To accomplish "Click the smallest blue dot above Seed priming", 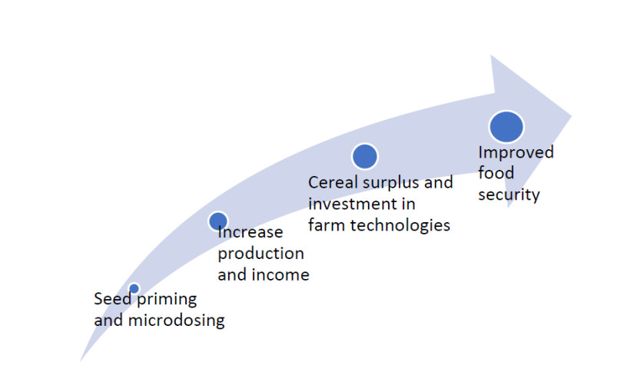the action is (x=134, y=288).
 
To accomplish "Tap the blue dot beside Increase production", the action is (x=218, y=221).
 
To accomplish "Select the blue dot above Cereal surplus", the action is (x=365, y=157).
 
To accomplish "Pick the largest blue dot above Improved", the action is (x=506, y=127).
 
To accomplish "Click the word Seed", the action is (x=112, y=299).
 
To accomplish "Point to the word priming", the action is (x=167, y=300).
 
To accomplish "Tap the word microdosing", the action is (x=176, y=321).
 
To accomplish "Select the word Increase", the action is (x=250, y=232).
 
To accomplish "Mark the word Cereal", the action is (x=333, y=182).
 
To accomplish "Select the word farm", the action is (x=327, y=225).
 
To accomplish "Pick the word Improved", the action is (x=516, y=153).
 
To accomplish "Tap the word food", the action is (x=496, y=173).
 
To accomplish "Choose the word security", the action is (x=509, y=195).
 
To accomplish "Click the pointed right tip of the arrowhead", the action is (x=572, y=116).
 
